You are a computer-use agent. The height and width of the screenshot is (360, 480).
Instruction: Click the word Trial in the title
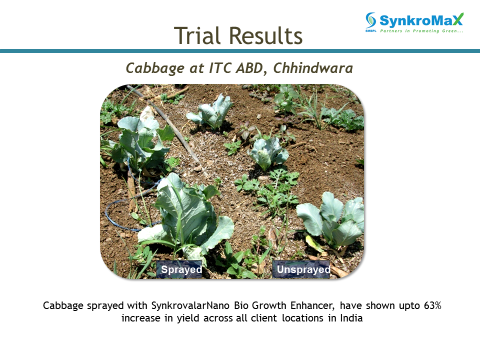click(x=197, y=35)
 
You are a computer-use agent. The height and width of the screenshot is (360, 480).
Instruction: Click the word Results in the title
click(x=265, y=35)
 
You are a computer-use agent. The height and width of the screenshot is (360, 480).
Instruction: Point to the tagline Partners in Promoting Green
click(x=421, y=31)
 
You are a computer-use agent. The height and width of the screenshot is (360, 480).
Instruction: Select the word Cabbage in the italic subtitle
click(x=155, y=68)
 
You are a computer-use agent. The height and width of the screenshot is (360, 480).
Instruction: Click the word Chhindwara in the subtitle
click(x=313, y=67)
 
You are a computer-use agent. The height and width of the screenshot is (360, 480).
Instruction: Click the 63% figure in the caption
click(x=432, y=305)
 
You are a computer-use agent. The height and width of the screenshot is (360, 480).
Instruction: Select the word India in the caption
click(x=351, y=318)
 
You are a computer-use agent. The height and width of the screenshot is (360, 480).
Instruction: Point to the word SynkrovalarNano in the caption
click(x=188, y=305)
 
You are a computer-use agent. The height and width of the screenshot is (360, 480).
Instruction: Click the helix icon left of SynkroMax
click(x=370, y=20)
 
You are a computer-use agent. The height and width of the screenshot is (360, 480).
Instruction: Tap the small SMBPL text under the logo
click(x=370, y=31)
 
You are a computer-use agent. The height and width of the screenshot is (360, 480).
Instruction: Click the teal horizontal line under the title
click(x=240, y=51)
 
